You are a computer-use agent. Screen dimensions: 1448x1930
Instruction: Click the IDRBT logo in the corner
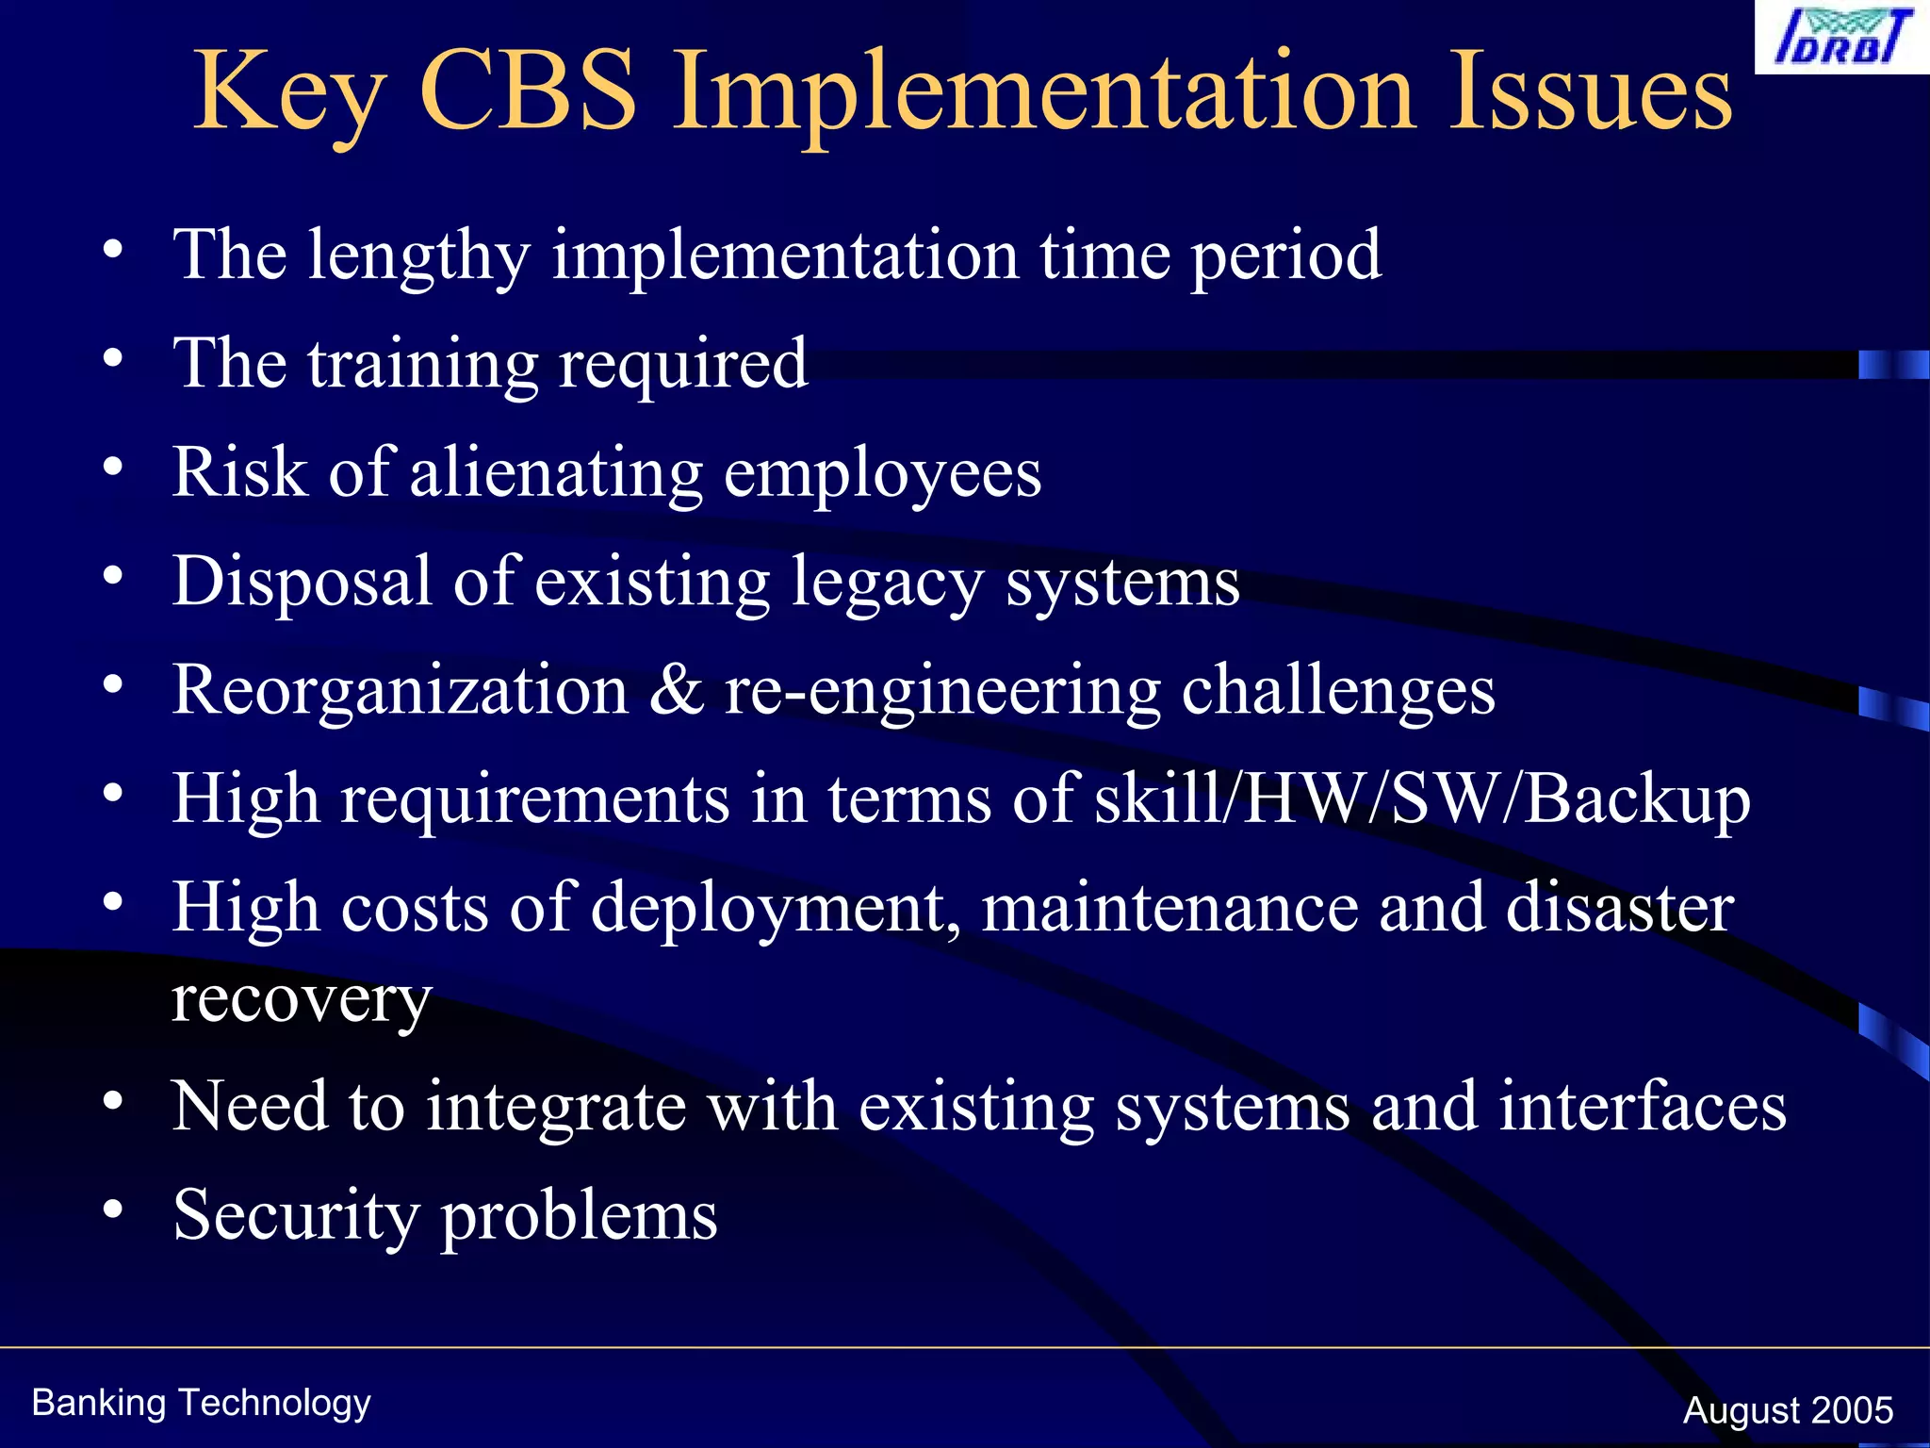click(1842, 37)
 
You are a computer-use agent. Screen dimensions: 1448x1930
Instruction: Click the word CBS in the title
click(529, 91)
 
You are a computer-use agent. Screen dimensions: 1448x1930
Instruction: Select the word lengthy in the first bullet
click(419, 256)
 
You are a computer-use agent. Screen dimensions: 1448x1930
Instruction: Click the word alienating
click(556, 471)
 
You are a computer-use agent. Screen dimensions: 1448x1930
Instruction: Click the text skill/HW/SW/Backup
click(1423, 799)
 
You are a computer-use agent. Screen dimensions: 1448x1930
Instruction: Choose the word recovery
click(302, 999)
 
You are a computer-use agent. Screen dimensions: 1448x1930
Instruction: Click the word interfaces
click(1643, 1106)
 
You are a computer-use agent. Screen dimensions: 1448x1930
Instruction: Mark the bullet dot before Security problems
click(113, 1209)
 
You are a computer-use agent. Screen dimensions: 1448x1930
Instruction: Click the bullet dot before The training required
click(113, 358)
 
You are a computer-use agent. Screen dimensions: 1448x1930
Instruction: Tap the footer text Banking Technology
click(201, 1403)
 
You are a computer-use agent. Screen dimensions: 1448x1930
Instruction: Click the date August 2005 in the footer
click(1788, 1410)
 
